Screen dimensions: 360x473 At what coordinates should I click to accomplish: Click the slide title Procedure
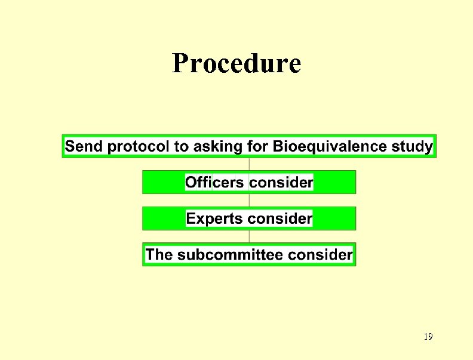tap(236, 63)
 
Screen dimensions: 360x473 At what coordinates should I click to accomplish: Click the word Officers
tap(215, 183)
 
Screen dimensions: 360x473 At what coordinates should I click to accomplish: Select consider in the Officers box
tap(281, 183)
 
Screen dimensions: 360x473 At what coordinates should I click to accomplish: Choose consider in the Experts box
tap(280, 219)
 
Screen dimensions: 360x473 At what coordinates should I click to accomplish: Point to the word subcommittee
tap(231, 255)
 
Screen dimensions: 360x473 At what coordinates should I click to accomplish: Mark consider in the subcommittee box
tap(321, 255)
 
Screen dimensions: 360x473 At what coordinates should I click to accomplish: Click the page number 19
tap(428, 337)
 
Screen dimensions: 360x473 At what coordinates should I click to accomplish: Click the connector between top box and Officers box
tap(249, 164)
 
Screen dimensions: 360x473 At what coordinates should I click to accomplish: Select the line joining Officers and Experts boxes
tap(249, 200)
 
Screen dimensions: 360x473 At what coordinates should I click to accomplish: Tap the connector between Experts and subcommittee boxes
tap(249, 236)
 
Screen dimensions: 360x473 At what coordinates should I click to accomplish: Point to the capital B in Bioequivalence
tap(278, 146)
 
